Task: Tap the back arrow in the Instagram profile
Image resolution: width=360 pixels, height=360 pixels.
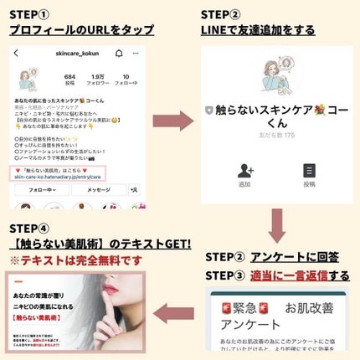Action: tap(18, 53)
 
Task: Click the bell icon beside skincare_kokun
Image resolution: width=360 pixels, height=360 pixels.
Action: tap(121, 53)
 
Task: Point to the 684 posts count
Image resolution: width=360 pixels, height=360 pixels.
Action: tap(70, 78)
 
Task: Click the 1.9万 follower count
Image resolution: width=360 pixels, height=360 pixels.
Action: tap(99, 78)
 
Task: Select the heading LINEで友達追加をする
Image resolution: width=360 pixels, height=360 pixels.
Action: tap(257, 30)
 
